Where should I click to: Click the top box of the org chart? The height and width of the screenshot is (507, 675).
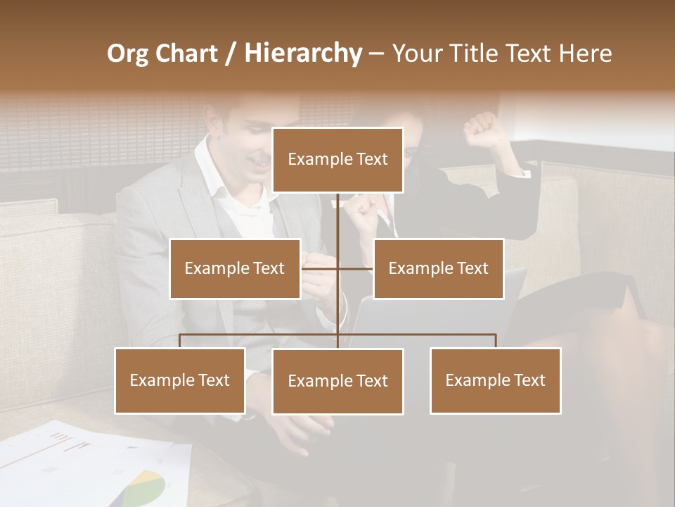(337, 160)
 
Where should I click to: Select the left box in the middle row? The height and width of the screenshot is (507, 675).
(235, 268)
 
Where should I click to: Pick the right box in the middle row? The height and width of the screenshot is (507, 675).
(438, 268)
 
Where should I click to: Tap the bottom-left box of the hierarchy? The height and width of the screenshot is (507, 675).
(180, 380)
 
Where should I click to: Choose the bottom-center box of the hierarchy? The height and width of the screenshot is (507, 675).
(337, 381)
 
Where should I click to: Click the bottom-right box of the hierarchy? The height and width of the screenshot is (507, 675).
(496, 380)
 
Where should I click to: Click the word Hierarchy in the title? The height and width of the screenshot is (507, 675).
(303, 53)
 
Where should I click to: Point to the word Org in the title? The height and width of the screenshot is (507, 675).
(127, 53)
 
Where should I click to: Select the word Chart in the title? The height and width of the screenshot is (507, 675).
(186, 53)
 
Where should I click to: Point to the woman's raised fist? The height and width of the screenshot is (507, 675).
(482, 129)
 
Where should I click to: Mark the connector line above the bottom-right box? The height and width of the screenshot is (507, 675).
(496, 341)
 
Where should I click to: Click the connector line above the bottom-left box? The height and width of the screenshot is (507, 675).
(180, 341)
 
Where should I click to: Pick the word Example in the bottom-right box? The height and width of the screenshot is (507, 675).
(470, 380)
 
